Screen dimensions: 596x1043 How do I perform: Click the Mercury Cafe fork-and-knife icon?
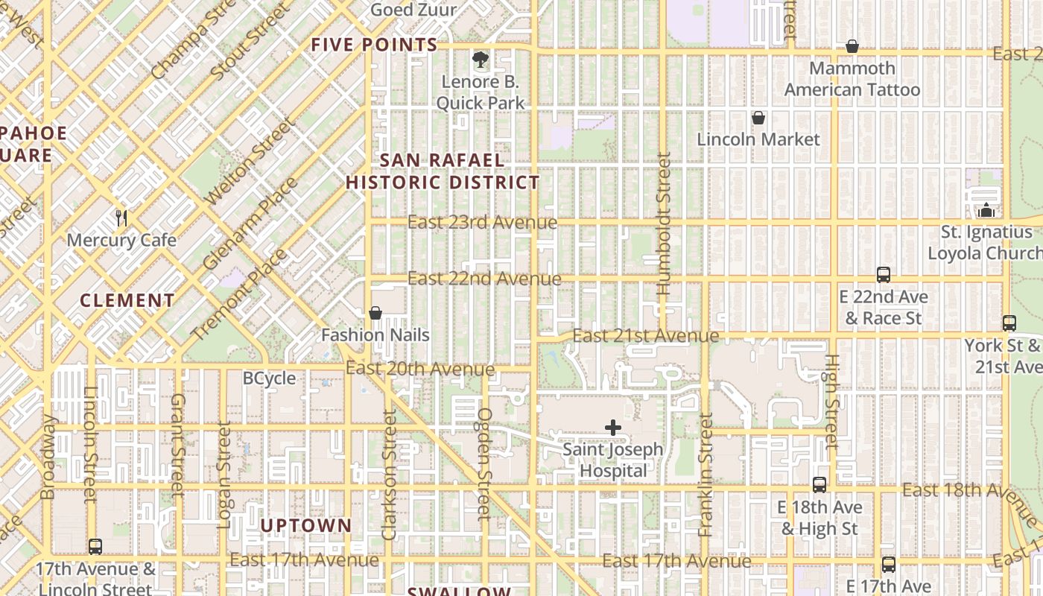pos(121,218)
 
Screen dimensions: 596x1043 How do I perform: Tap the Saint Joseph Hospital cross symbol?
pos(612,428)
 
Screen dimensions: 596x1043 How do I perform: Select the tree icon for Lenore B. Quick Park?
pos(481,59)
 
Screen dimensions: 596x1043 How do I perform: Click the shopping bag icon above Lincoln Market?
pos(758,118)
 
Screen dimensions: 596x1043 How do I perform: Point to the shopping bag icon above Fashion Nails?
pos(375,313)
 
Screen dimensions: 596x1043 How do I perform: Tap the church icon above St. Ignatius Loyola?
pos(986,211)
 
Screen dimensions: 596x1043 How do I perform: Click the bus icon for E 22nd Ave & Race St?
pos(884,275)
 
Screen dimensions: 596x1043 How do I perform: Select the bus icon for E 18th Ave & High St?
pos(819,485)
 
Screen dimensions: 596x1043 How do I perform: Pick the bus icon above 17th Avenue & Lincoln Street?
pos(95,547)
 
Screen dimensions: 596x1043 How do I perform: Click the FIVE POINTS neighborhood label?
pos(374,45)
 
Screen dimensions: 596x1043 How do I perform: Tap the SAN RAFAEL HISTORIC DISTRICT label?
pos(443,171)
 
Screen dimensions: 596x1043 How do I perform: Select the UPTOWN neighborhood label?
pos(305,525)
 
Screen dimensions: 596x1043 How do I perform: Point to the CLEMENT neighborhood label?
pos(127,301)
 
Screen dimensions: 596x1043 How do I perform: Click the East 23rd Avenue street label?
pos(482,222)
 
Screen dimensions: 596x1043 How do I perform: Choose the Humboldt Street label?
pos(664,223)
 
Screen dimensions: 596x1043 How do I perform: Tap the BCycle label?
pos(270,378)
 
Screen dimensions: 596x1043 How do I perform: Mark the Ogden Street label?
pos(485,462)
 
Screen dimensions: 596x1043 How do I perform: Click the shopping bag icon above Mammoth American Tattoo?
pos(852,47)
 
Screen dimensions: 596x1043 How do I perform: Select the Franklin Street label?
pos(706,475)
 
